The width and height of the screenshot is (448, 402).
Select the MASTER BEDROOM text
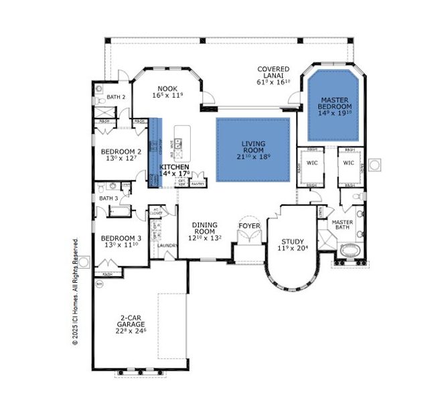[335, 103]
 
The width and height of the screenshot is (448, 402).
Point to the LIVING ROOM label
[253, 148]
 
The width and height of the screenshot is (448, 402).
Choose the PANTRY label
[198, 184]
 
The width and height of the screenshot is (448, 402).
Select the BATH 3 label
[108, 198]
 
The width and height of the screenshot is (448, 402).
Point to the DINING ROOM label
[205, 230]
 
